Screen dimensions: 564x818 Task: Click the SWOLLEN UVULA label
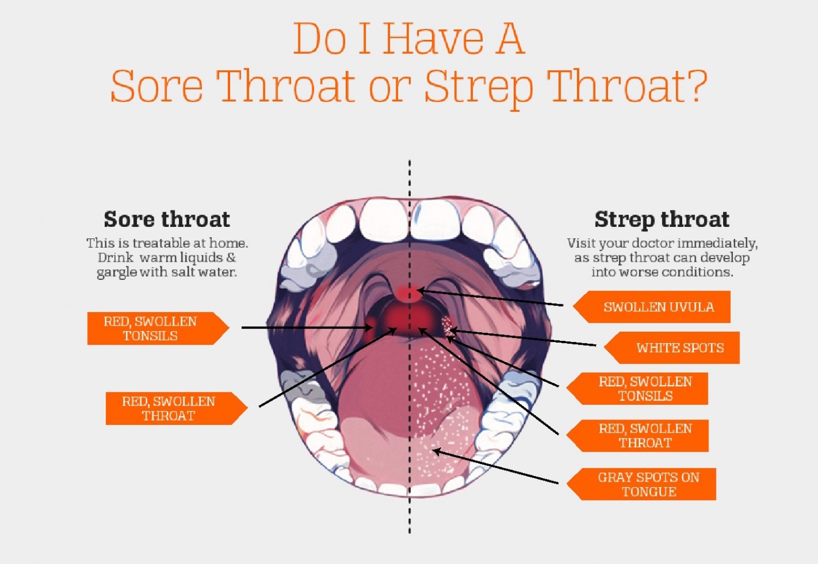[658, 307]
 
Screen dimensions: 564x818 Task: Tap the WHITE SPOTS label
[679, 348]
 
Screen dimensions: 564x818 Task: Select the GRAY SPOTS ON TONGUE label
[648, 484]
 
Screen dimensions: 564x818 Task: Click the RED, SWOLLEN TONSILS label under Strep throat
[645, 389]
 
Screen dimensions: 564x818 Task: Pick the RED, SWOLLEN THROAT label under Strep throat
[645, 436]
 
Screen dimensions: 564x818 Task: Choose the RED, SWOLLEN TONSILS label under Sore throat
[151, 328]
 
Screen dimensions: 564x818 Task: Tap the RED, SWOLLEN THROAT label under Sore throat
[169, 409]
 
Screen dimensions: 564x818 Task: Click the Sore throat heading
[167, 219]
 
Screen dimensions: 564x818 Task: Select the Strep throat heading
[661, 219]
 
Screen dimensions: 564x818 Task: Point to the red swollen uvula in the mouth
[408, 293]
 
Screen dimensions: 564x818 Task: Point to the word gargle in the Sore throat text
[117, 272]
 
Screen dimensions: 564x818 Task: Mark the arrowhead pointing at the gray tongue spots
[436, 451]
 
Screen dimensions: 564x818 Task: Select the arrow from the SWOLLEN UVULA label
[491, 298]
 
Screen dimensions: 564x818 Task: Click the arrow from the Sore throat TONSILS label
[305, 328]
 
